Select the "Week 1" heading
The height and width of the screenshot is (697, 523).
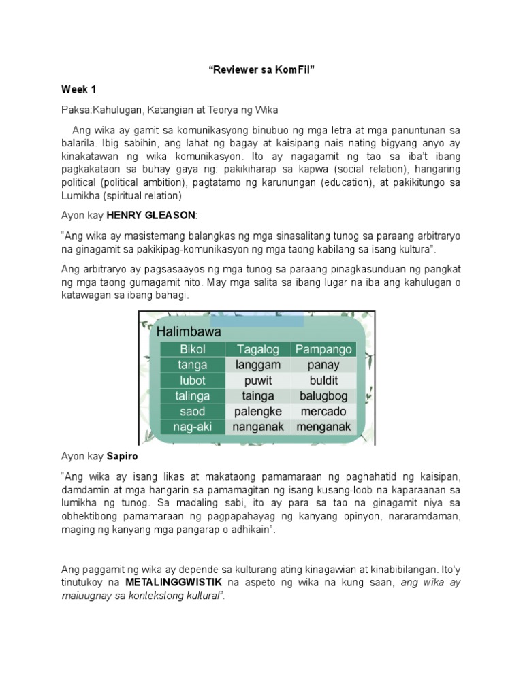(x=80, y=89)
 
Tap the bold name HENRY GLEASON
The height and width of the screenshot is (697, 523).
(x=151, y=215)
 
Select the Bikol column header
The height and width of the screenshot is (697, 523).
(x=192, y=349)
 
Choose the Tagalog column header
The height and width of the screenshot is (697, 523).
(x=258, y=349)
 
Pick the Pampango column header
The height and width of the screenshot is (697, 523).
(x=323, y=349)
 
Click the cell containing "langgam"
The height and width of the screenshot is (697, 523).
(x=258, y=365)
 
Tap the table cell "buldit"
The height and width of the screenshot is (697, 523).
(x=323, y=380)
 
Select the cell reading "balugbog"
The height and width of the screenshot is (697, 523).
(x=323, y=396)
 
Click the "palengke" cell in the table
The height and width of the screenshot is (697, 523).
(x=258, y=412)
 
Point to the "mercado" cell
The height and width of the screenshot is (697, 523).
(x=323, y=412)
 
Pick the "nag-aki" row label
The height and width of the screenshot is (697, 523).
(x=192, y=427)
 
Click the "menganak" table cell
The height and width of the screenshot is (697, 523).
(x=323, y=427)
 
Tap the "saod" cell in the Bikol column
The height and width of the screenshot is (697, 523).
(x=192, y=412)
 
